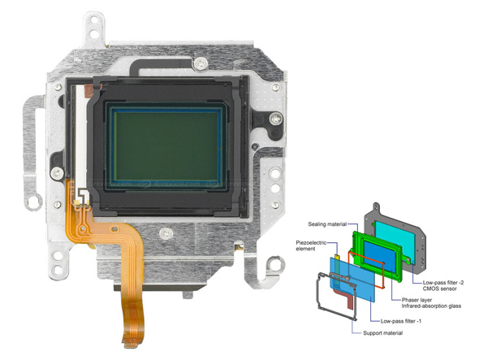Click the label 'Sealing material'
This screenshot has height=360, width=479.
point(327,224)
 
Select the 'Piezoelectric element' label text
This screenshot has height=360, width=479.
point(311,245)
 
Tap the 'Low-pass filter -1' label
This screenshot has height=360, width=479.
point(401,321)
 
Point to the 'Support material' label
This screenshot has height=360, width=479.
point(382,333)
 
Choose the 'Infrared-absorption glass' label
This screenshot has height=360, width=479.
point(431,306)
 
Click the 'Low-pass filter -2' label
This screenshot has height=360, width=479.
point(443,283)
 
